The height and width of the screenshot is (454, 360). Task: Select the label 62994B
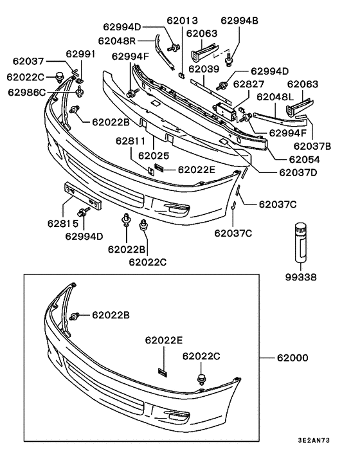click(x=239, y=21)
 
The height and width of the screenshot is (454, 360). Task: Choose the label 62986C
click(x=27, y=92)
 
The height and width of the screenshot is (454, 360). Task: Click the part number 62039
click(x=204, y=68)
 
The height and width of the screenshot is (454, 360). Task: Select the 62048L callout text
click(x=275, y=96)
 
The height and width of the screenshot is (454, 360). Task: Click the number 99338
click(x=302, y=278)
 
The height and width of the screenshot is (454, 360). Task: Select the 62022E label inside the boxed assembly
click(x=164, y=340)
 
